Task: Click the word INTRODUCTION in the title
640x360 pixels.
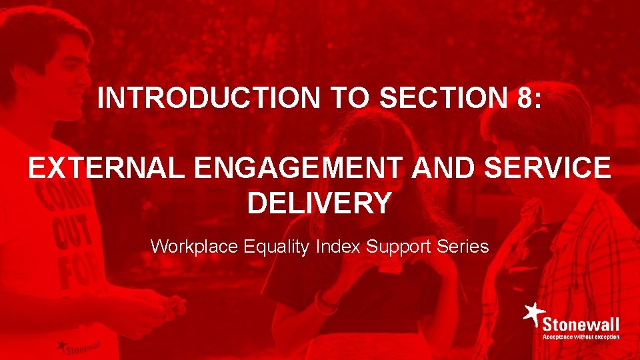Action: [209, 99]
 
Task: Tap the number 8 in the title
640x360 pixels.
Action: [524, 99]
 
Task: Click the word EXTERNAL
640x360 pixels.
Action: [111, 169]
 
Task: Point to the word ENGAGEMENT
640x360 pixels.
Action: [302, 169]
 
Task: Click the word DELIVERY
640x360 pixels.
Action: [319, 203]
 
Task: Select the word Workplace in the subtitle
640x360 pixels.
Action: [194, 247]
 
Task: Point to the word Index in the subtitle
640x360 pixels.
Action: [337, 247]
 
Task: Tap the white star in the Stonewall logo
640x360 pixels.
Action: [533, 313]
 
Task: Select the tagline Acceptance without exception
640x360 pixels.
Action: [581, 337]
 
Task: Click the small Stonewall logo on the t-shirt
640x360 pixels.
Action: [77, 346]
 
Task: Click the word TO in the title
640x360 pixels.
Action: [349, 99]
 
